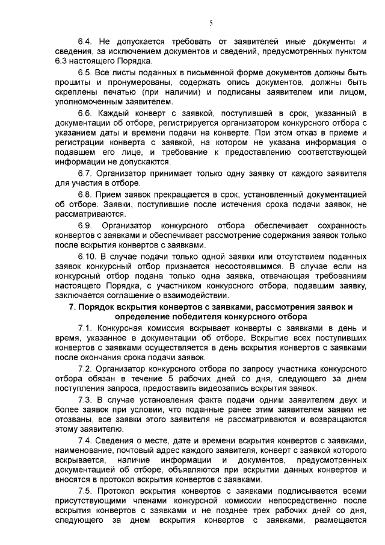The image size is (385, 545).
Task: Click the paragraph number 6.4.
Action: [x=85, y=41]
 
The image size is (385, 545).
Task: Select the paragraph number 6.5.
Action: [x=85, y=72]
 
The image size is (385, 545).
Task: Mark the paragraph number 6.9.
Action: [x=85, y=225]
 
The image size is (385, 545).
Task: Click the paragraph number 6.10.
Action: [x=88, y=255]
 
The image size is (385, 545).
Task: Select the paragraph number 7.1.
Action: [x=85, y=328]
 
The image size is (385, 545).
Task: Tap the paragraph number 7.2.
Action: [x=85, y=368]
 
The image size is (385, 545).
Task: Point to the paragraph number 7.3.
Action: [x=85, y=399]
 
